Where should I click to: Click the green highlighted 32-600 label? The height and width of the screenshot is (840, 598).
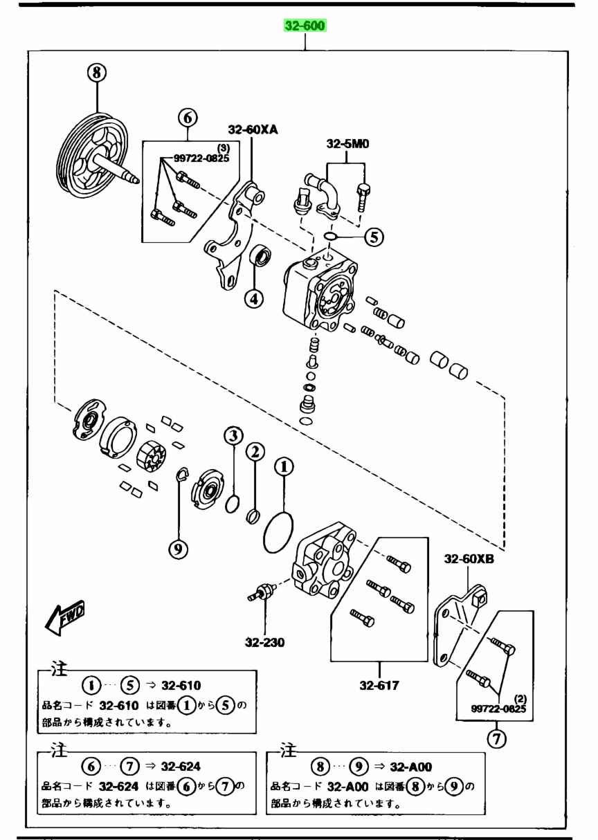point(305,26)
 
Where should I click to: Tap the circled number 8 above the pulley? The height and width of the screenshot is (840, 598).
point(97,73)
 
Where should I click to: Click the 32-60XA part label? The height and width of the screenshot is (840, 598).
point(253,130)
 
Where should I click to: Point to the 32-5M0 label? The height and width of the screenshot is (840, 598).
point(347,144)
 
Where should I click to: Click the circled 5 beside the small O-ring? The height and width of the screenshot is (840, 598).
point(374,237)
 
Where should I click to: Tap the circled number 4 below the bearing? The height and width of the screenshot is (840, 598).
point(254,299)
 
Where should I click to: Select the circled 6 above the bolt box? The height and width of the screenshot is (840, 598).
point(188,118)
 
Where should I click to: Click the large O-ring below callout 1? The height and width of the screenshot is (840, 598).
point(278,533)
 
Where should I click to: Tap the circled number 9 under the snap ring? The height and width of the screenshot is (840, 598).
point(178,549)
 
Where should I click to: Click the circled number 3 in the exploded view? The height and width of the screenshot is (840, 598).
point(233,436)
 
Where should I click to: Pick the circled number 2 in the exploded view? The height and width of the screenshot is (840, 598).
point(255,452)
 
